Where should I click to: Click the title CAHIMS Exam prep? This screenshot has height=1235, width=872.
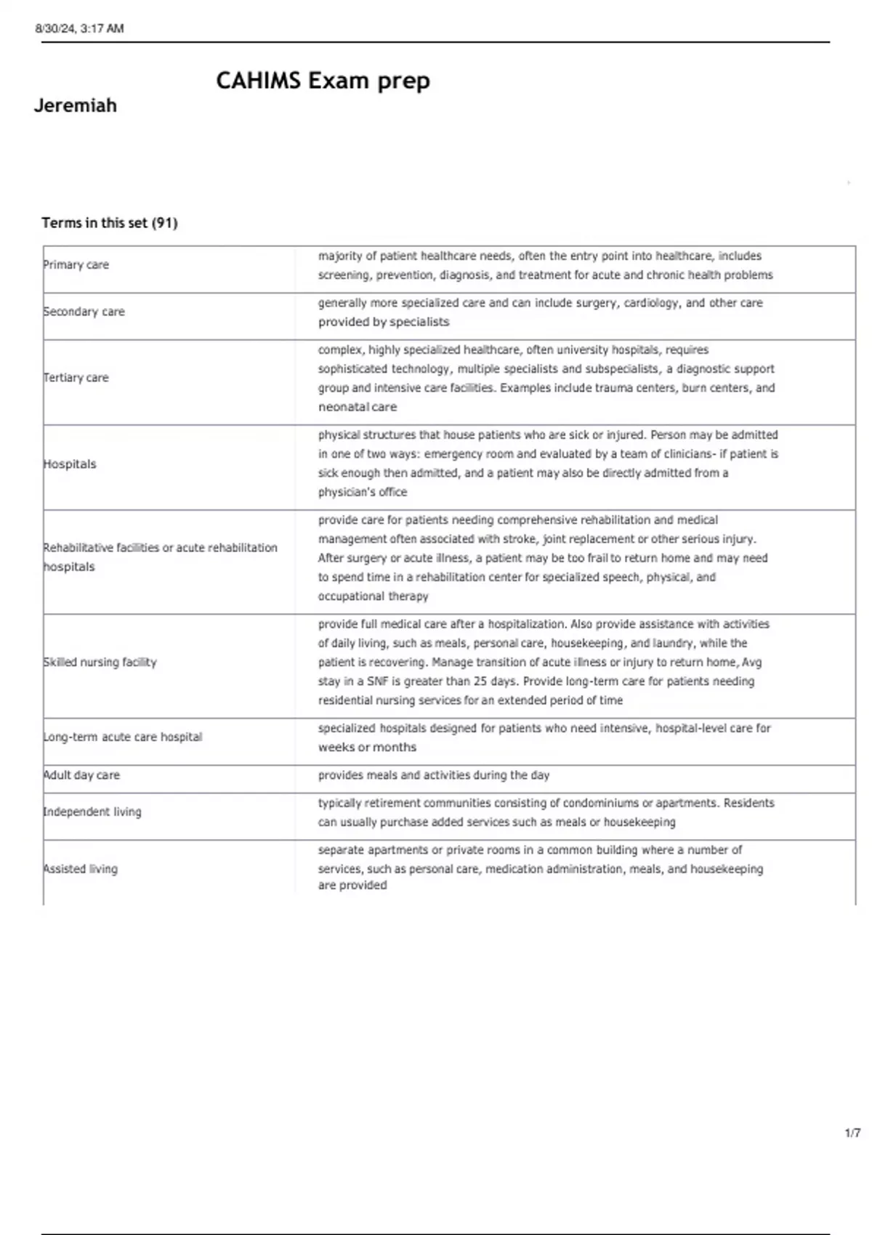click(323, 80)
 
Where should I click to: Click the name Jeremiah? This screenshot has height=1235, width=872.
click(76, 105)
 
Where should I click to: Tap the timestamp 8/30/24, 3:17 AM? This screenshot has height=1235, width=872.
click(80, 28)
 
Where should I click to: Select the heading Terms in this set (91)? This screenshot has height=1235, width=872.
click(110, 223)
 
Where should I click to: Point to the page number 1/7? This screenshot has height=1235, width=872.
click(852, 1133)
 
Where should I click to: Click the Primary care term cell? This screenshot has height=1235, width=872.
click(76, 265)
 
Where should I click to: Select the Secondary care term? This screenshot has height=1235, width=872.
click(84, 312)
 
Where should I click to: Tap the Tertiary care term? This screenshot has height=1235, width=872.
click(76, 378)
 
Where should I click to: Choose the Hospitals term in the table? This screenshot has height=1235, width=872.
click(70, 464)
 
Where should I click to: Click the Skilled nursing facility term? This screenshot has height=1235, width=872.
click(100, 663)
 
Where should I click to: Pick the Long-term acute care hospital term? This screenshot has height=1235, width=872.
click(123, 737)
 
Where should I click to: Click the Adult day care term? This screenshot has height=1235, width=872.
click(82, 775)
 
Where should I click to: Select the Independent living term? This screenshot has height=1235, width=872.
click(92, 812)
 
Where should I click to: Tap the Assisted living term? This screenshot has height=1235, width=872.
click(81, 869)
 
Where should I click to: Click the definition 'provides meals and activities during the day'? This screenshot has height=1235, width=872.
click(434, 775)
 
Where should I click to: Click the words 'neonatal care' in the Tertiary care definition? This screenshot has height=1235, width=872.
click(358, 407)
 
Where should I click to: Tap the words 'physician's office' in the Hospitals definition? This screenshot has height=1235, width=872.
click(363, 492)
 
